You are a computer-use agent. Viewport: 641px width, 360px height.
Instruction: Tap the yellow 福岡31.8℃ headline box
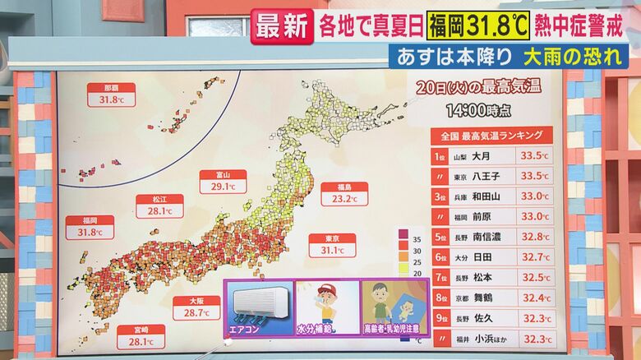tap(477, 25)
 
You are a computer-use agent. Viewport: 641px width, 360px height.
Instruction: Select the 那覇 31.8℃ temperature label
tap(111, 95)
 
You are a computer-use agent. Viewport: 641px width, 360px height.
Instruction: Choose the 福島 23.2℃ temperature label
tap(344, 193)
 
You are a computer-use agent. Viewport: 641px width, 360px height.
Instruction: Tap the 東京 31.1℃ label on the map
tap(332, 245)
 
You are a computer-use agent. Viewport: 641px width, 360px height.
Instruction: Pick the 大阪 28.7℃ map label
tap(196, 307)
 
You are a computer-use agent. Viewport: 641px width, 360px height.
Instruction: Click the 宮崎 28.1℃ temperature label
tap(141, 336)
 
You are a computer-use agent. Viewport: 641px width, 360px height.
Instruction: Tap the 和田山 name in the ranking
tap(487, 196)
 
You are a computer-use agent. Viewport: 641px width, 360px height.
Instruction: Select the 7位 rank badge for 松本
tap(440, 278)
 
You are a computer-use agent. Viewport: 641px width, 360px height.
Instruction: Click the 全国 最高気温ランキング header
tap(491, 135)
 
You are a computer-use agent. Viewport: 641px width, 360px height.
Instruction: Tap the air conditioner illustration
tap(260, 302)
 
